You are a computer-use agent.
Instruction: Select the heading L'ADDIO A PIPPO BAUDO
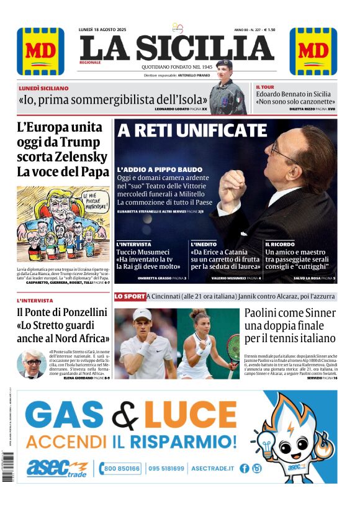160,170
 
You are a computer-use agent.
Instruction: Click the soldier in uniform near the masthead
227,93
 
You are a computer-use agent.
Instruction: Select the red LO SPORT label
130,297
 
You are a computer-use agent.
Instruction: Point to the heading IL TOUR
266,88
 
